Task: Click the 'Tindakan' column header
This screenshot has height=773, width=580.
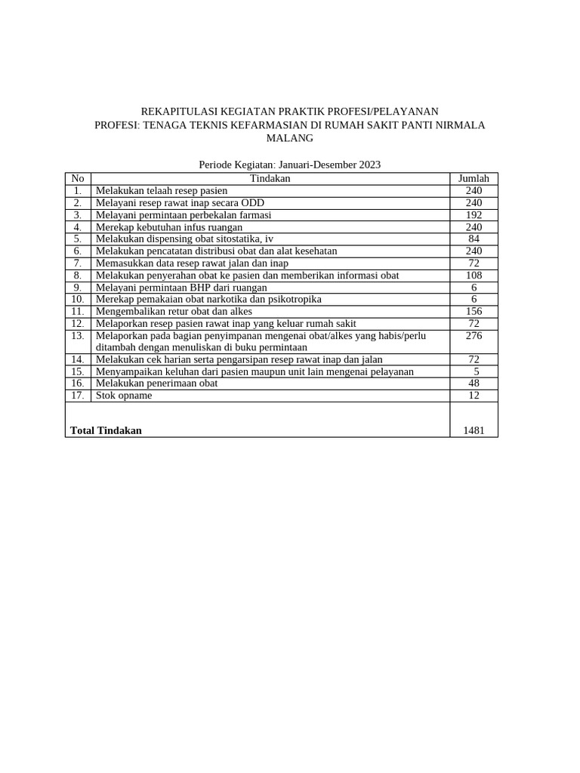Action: (x=270, y=178)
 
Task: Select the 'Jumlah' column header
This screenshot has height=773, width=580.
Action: (x=474, y=178)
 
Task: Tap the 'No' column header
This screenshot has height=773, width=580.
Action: (x=77, y=178)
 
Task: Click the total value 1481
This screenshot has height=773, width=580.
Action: (x=474, y=430)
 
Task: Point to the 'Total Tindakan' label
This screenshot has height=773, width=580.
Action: (x=106, y=430)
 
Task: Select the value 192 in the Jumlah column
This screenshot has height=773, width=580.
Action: (x=474, y=214)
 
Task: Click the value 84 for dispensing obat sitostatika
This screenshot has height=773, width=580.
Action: (x=474, y=239)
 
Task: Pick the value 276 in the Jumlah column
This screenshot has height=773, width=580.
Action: (x=474, y=335)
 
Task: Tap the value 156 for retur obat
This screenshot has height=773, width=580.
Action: (x=474, y=311)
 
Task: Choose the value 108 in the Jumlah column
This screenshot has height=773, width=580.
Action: (x=474, y=275)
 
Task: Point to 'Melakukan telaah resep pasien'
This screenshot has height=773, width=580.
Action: (x=161, y=190)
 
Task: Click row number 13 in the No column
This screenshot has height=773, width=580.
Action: (x=77, y=335)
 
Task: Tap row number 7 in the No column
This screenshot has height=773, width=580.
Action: (x=77, y=263)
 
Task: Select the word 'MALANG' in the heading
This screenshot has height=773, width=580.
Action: (x=290, y=138)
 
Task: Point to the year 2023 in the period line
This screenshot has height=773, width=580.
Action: (x=369, y=164)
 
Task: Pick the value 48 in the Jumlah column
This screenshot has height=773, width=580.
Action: (x=474, y=383)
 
